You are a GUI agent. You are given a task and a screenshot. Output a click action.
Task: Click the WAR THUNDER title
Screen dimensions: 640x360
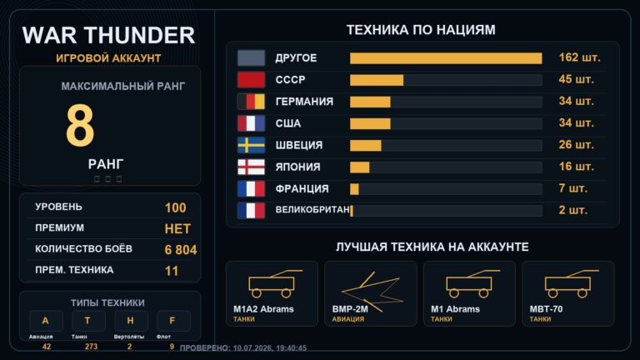pyautogui.click(x=108, y=35)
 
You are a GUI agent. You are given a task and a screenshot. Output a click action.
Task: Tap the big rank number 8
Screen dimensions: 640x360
pyautogui.click(x=80, y=125)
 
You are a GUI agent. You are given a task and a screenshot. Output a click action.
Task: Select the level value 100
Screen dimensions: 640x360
pyautogui.click(x=176, y=207)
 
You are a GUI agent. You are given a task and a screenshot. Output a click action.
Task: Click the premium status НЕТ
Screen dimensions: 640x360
pyautogui.click(x=177, y=228)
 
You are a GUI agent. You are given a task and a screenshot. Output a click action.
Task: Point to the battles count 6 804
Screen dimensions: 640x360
pyautogui.click(x=180, y=250)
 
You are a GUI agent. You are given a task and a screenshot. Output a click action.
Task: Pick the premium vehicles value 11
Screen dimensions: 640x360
pyautogui.click(x=172, y=271)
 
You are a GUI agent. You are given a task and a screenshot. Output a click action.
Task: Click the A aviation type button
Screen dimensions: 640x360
pyautogui.click(x=46, y=321)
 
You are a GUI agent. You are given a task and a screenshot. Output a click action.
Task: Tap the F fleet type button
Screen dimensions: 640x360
pyautogui.click(x=173, y=321)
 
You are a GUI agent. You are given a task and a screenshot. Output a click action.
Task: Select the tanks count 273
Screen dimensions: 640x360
pyautogui.click(x=91, y=347)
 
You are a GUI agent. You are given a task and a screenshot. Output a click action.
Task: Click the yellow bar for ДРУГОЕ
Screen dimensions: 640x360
pyautogui.click(x=446, y=58)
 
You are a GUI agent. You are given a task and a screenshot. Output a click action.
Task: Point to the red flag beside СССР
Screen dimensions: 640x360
pyautogui.click(x=251, y=80)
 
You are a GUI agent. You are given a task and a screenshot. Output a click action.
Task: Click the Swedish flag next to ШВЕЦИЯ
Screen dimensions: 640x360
pyautogui.click(x=251, y=145)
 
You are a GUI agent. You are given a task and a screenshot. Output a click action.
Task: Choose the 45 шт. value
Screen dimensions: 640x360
pyautogui.click(x=576, y=79)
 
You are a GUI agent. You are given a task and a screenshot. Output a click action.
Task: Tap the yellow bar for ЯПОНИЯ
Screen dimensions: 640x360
pyautogui.click(x=360, y=167)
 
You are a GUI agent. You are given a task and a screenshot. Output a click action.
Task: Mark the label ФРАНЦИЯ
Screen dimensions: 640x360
pyautogui.click(x=302, y=189)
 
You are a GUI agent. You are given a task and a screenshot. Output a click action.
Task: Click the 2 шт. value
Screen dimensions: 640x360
pyautogui.click(x=572, y=210)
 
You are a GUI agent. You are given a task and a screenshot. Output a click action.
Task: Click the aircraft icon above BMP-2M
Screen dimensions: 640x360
pyautogui.click(x=371, y=292)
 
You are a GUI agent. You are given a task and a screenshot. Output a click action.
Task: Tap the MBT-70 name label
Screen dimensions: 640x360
pyautogui.click(x=546, y=309)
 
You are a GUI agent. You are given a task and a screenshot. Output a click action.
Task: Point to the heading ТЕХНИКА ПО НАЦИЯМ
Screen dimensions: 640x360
pyautogui.click(x=421, y=30)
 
